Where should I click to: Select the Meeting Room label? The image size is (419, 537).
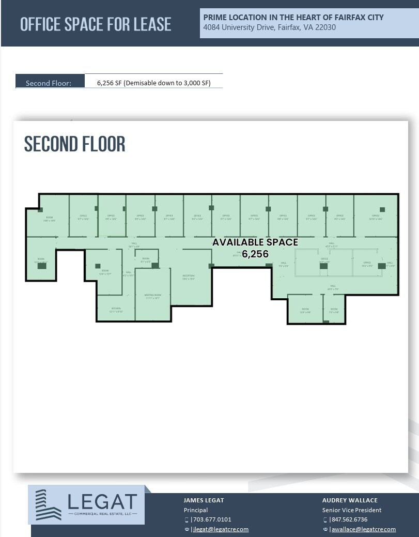(153, 296)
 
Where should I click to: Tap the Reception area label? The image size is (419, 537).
(188, 278)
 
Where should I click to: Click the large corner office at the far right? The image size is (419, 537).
(376, 217)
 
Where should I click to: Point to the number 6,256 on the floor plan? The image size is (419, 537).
(255, 254)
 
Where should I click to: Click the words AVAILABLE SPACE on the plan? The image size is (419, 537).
(255, 242)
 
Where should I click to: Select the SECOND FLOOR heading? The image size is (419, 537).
(75, 144)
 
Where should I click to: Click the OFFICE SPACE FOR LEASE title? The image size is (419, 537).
(96, 24)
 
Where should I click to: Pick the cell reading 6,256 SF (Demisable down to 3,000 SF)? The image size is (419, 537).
(153, 83)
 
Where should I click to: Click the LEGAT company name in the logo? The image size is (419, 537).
(102, 501)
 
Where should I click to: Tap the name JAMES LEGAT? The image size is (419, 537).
(204, 500)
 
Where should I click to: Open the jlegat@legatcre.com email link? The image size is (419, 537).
(221, 529)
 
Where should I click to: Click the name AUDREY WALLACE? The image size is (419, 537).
(350, 500)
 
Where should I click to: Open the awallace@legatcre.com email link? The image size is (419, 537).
(363, 529)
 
